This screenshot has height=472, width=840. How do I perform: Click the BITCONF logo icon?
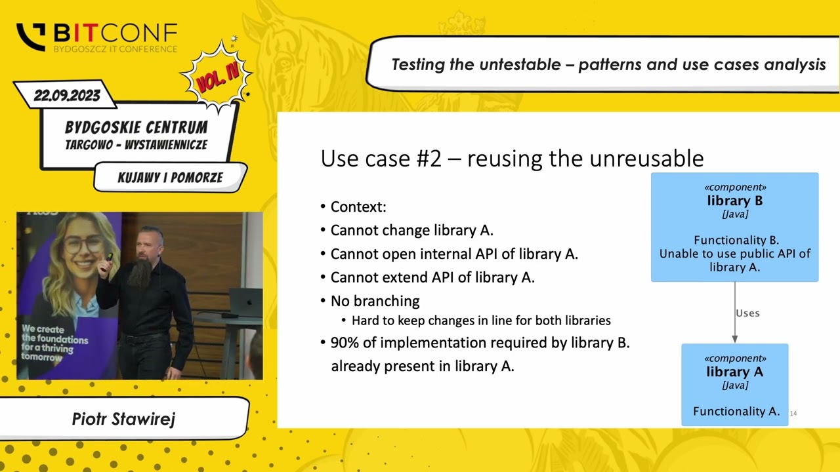[31, 37]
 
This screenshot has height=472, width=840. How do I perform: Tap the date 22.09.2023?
[67, 96]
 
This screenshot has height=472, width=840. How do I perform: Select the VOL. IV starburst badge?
[217, 78]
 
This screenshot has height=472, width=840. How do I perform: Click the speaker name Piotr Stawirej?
[123, 419]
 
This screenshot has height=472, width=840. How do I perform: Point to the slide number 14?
[793, 413]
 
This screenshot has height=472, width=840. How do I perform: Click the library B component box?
[734, 227]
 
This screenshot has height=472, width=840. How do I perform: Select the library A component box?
[734, 384]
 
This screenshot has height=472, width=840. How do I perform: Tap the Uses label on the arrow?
[747, 313]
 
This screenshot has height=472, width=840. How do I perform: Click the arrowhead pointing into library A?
[735, 339]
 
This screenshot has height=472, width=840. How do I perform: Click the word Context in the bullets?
[358, 207]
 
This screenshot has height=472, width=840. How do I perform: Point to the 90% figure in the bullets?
[344, 343]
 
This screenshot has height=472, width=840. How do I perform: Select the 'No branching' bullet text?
[375, 301]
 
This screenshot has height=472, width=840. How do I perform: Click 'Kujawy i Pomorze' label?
[170, 178]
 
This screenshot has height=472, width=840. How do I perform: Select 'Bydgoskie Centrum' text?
[136, 127]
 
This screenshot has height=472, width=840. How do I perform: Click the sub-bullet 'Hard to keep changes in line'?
[481, 321]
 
